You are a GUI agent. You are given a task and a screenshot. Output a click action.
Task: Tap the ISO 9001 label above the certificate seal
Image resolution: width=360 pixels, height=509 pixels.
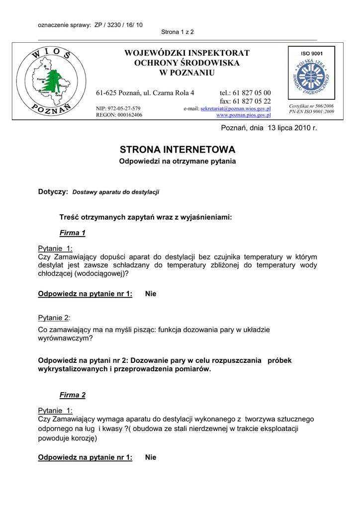tap(311, 53)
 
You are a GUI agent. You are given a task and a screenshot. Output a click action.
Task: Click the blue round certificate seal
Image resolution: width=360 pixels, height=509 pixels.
tap(311, 78)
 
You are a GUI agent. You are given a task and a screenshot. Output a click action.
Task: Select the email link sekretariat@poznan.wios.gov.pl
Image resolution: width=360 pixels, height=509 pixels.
tap(235, 108)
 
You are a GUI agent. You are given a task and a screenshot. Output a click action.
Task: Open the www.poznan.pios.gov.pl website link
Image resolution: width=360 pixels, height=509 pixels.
tap(243, 115)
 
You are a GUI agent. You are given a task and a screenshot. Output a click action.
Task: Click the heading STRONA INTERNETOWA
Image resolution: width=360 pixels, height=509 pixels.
tap(178, 150)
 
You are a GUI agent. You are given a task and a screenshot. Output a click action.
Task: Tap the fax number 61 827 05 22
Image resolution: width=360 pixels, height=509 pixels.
tap(252, 101)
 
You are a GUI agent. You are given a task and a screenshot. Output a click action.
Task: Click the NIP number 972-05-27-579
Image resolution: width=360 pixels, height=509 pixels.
tap(125, 108)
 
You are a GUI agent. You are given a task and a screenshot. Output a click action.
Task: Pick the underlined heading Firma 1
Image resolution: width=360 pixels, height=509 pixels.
tap(73, 233)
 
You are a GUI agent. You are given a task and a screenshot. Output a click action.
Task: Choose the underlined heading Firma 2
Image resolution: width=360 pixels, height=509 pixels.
tap(73, 395)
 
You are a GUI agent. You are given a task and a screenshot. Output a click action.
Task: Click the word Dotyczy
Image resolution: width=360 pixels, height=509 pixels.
tap(52, 191)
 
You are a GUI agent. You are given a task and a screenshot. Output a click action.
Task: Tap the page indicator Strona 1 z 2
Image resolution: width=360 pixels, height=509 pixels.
tap(178, 32)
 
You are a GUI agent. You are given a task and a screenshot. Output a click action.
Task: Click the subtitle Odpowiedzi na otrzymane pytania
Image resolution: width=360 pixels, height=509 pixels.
tap(178, 161)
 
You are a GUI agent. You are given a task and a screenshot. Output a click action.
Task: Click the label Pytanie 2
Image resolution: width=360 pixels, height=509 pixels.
tap(54, 318)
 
